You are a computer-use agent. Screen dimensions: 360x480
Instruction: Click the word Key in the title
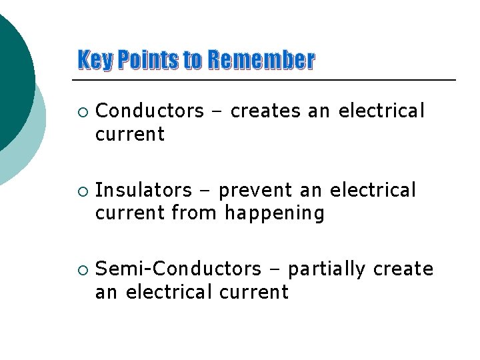(93, 61)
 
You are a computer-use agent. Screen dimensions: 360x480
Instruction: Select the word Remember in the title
(261, 61)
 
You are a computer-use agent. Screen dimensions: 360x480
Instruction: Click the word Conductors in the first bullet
(150, 111)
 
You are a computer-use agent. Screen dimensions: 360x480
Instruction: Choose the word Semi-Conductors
(179, 269)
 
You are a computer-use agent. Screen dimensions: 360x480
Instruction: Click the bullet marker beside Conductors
(81, 111)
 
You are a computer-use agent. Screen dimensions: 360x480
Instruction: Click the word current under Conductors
(130, 134)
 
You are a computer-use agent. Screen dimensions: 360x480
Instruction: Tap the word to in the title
(192, 61)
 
